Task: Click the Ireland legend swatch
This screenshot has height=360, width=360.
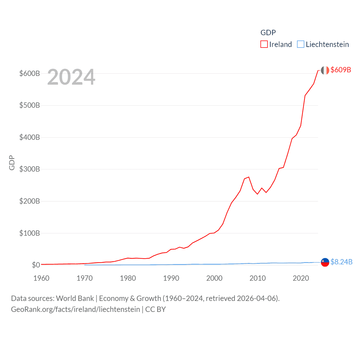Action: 264,44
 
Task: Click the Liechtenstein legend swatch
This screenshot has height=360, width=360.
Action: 300,44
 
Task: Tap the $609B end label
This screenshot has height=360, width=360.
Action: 341,70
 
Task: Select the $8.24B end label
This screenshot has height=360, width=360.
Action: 341,262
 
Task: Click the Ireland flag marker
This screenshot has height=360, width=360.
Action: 325,70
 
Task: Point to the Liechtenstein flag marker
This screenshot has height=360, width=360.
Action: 325,262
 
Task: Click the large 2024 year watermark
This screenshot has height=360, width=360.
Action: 71,77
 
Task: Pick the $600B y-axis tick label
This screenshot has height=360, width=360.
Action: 30,73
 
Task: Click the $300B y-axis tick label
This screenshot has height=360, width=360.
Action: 30,169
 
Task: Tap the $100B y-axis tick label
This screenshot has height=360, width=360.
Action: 30,233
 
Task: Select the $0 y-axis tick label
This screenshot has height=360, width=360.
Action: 36,265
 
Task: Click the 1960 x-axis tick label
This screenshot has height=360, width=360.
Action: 41,278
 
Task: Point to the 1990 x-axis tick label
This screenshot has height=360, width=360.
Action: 171,278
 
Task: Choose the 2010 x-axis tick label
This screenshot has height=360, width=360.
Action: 258,278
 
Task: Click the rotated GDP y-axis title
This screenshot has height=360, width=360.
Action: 12,163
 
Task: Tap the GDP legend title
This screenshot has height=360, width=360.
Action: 268,33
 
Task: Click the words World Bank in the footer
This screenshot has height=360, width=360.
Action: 75,298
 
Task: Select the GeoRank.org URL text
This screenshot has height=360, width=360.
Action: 75,309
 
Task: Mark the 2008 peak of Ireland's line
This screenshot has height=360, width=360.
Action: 249,177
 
